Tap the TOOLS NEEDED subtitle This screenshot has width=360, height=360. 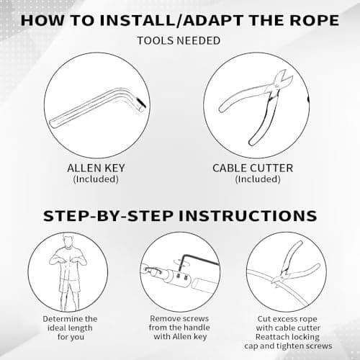(x=179, y=40)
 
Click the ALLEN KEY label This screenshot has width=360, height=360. (x=96, y=168)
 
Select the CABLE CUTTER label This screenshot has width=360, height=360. (x=253, y=168)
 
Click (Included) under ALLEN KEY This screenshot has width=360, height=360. (x=96, y=179)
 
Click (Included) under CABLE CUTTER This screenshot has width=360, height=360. (x=258, y=179)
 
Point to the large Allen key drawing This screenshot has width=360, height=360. (x=99, y=107)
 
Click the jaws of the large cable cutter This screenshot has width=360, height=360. (x=283, y=81)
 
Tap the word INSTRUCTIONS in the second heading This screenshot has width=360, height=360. (x=248, y=216)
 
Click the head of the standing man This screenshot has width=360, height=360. (x=68, y=240)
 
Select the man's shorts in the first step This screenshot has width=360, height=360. (x=70, y=286)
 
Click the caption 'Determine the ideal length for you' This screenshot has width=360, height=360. (x=70, y=328)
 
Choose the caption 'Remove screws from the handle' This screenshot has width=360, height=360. (x=179, y=323)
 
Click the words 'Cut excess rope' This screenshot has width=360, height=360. (x=287, y=319)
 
